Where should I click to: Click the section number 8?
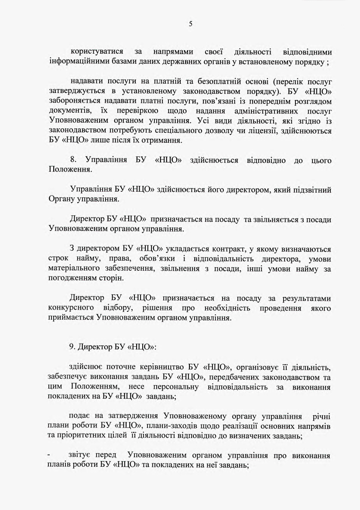coord(73,160)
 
